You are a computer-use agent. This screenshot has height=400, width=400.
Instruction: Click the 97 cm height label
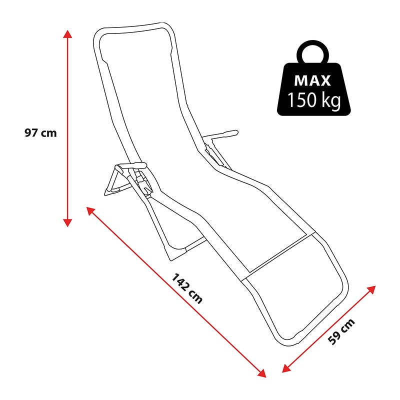pyautogui.click(x=40, y=133)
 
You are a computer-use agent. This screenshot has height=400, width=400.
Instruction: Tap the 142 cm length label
pyautogui.click(x=187, y=288)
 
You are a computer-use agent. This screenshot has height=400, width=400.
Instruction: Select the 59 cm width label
pyautogui.click(x=341, y=331)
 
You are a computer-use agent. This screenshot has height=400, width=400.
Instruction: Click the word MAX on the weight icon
pyautogui.click(x=313, y=80)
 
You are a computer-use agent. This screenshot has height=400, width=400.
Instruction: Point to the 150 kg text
pyautogui.click(x=314, y=100)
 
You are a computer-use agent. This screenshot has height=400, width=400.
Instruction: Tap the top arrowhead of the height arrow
pyautogui.click(x=67, y=34)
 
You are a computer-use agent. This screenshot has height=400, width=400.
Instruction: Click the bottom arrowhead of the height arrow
pyautogui.click(x=67, y=222)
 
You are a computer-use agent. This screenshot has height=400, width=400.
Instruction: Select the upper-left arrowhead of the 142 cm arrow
pyautogui.click(x=90, y=210)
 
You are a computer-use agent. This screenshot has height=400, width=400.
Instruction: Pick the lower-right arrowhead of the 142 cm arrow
pyautogui.click(x=262, y=373)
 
